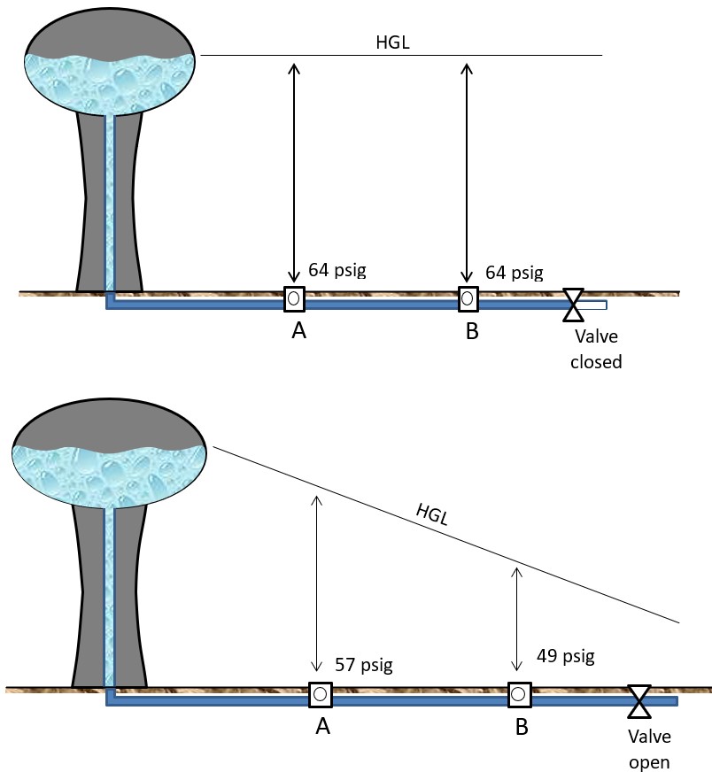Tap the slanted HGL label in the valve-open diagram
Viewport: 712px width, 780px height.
(x=431, y=515)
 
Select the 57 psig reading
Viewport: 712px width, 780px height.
(x=363, y=664)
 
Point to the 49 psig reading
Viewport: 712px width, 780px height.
(x=565, y=656)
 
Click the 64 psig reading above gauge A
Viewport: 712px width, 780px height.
(x=337, y=269)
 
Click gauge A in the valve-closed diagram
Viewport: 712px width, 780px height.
(x=294, y=299)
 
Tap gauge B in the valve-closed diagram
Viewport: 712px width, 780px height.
(x=468, y=299)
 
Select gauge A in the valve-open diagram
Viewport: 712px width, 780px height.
(x=320, y=695)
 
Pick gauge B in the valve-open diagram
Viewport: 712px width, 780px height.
(x=519, y=695)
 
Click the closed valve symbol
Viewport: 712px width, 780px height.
(x=574, y=304)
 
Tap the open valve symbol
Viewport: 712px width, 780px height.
(x=638, y=700)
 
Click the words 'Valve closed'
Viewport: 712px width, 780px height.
(x=596, y=349)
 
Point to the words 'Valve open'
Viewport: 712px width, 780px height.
(x=649, y=749)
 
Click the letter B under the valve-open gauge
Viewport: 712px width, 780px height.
(x=522, y=728)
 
